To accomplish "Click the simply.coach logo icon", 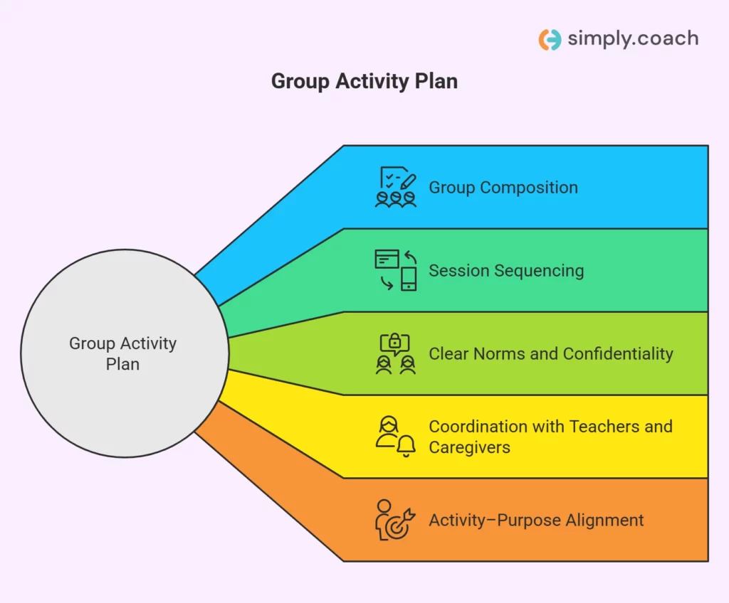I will click(x=550, y=39).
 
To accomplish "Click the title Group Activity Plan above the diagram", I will click(x=364, y=81).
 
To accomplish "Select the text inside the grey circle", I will click(x=122, y=353).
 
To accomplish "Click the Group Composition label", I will click(x=503, y=188).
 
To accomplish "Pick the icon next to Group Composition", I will click(x=396, y=187).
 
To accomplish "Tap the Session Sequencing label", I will click(x=505, y=271).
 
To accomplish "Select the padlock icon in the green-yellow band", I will click(x=395, y=343).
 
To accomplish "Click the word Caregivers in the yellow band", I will click(x=469, y=447).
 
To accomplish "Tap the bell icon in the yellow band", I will click(x=407, y=447).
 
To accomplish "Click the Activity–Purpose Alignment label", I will click(x=535, y=520).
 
